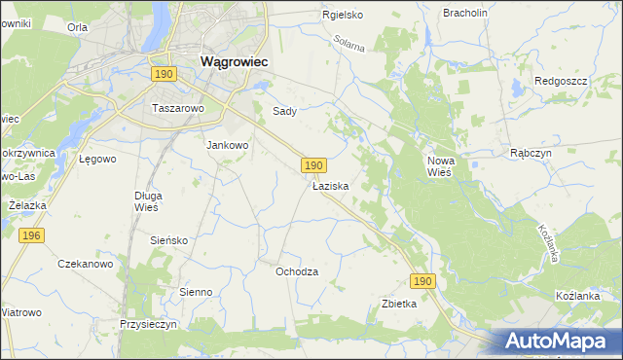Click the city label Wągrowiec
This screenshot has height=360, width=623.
pos(235,60)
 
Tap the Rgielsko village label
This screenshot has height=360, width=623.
pos(343,15)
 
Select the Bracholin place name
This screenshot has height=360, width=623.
pos(464,13)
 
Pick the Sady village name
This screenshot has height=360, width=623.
pos(284,111)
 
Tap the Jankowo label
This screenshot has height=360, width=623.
pos(228,145)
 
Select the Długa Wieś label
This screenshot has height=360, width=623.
pos(147,200)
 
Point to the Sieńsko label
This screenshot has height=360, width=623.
pos(168,239)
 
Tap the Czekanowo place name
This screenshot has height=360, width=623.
pos(86,264)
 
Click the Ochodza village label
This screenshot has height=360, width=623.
pos(297,271)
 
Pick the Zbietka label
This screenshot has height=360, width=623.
pos(399,304)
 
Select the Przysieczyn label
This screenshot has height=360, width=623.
pos(148,324)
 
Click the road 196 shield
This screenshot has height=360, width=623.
pos(31,235)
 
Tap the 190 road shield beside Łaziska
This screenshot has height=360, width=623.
pos(311,166)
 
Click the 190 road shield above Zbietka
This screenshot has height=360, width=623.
pos(421,281)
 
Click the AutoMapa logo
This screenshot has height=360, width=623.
pos(558,341)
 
